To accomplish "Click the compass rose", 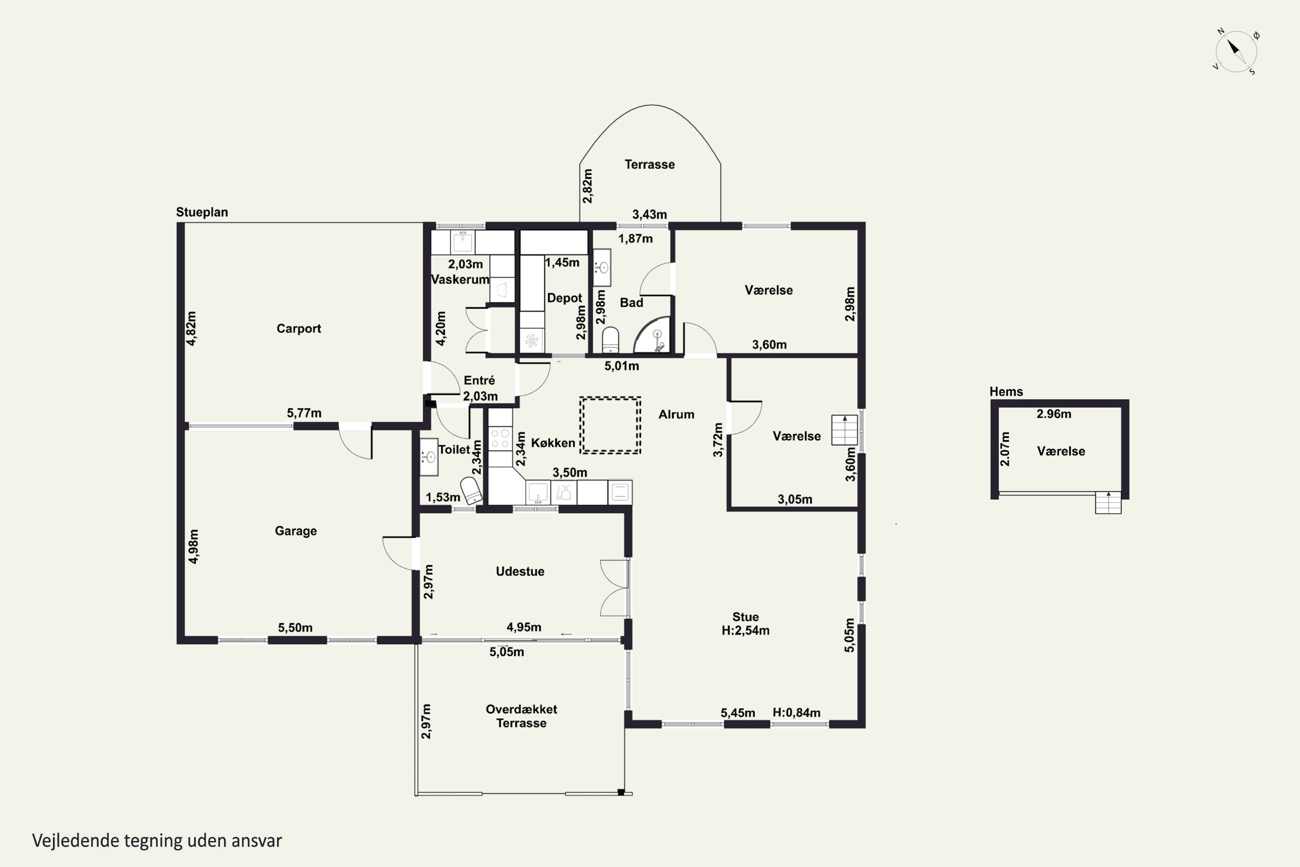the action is point(1236,52).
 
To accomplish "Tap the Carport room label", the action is point(299,329).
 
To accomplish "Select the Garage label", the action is point(296,531).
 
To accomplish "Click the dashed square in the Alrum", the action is point(610,425).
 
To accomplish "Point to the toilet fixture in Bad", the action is point(610,339).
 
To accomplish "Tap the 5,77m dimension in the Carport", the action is point(304,413).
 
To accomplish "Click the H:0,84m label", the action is point(796,713).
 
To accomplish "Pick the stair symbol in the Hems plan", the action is point(1108,502).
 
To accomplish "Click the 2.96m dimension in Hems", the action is point(1054,414).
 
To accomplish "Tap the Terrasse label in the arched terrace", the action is point(650,164).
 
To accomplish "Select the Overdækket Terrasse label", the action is point(521,716).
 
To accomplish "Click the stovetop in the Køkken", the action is point(500,438).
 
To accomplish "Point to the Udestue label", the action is point(520,571).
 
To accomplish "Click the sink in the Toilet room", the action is point(429,457).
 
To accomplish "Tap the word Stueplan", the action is point(202,212).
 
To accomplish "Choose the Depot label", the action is point(564,298).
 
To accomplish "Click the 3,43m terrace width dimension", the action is point(650,214).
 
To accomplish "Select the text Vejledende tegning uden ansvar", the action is point(157,841).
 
